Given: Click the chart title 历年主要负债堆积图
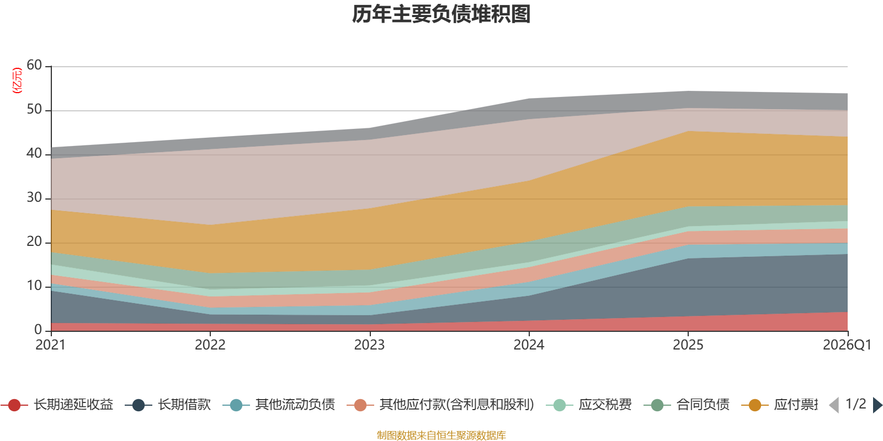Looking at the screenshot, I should coord(441,14).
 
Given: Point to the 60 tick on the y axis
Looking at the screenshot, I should coord(34,66).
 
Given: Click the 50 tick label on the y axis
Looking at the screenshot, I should coord(34,110).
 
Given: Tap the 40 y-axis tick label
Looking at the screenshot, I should coord(34,154).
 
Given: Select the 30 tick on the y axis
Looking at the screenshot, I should coord(34,198).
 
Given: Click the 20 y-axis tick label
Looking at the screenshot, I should coord(34,242).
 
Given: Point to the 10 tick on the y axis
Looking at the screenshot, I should coord(34,286).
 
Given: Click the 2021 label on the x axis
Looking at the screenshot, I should coord(50,345).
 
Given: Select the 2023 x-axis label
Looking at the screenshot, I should coord(369,345).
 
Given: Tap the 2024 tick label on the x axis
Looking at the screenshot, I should coord(529,345).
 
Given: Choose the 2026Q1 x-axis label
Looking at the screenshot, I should coord(847,345).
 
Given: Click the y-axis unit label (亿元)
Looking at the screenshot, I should coord(17,80).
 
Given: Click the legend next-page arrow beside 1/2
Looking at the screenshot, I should coord(877,405).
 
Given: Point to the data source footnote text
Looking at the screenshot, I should coord(441,435).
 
